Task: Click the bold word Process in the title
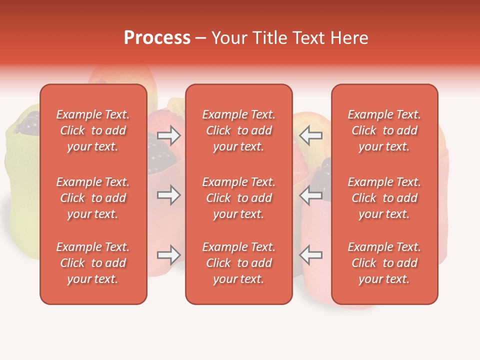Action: click(x=157, y=38)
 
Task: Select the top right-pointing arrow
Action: click(x=169, y=135)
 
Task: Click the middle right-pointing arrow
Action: click(x=169, y=195)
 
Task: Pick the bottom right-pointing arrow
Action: click(x=169, y=255)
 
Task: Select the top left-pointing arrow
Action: click(x=311, y=135)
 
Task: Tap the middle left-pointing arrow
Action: click(x=311, y=195)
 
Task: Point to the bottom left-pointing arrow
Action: click(x=311, y=255)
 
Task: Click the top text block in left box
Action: click(x=93, y=130)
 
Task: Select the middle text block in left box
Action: click(x=93, y=198)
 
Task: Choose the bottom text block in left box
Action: click(x=93, y=263)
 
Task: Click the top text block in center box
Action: click(x=238, y=130)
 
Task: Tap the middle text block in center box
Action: click(x=238, y=198)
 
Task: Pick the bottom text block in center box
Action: click(x=238, y=263)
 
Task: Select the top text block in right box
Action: click(x=384, y=130)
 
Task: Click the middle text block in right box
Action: click(x=384, y=198)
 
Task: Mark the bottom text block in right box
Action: click(x=384, y=263)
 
